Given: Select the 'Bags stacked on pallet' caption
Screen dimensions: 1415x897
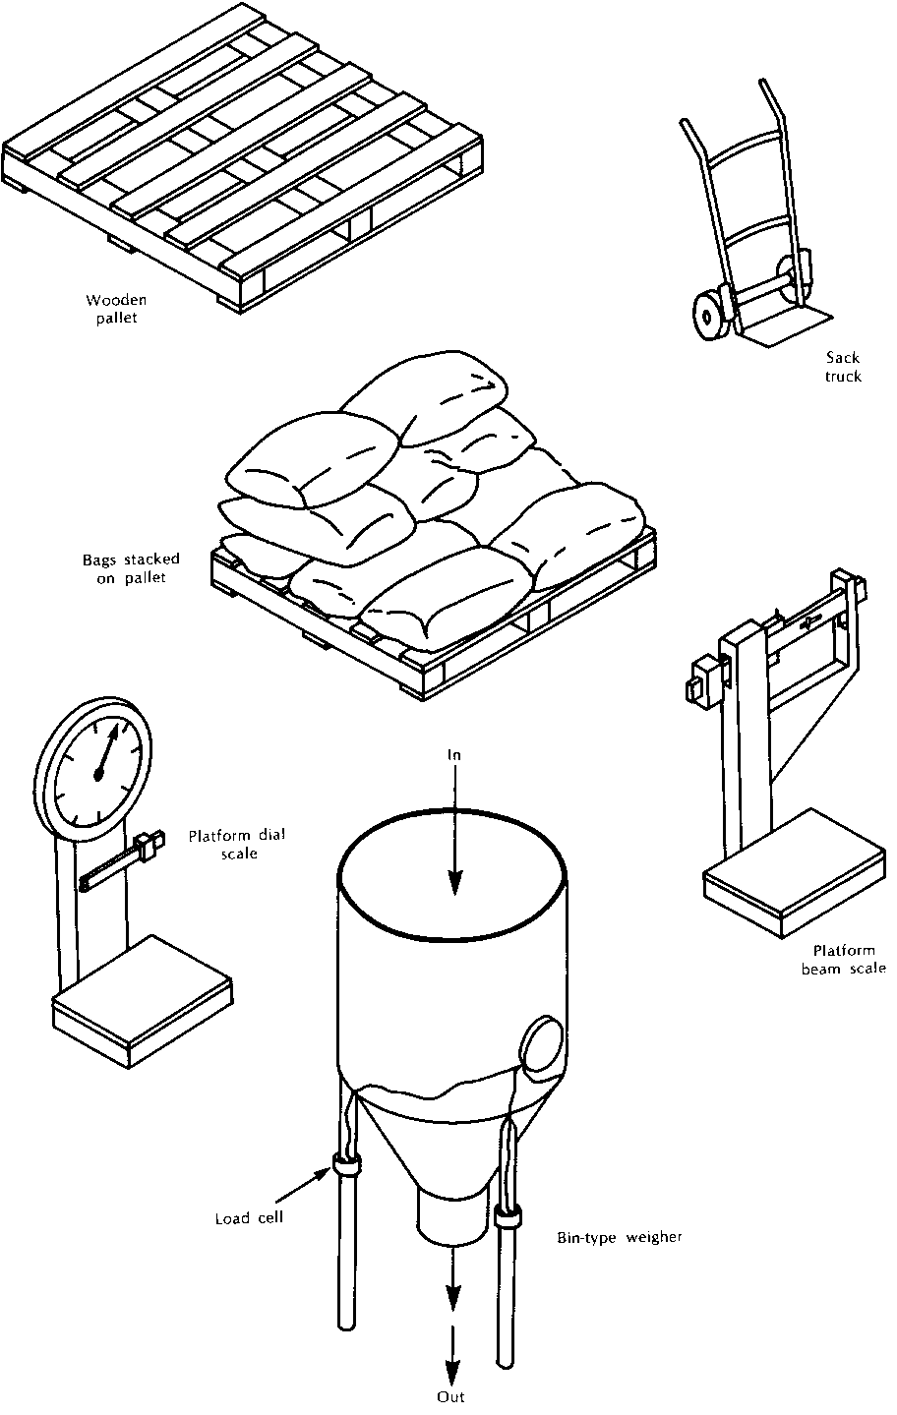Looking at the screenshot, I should tap(124, 568).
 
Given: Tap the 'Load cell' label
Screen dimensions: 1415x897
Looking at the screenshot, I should tap(250, 1217).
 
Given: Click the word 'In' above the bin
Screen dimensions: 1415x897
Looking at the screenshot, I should tap(453, 755).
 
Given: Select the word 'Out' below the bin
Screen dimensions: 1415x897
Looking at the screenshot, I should tap(450, 1396).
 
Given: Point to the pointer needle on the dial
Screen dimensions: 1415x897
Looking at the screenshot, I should tap(109, 752).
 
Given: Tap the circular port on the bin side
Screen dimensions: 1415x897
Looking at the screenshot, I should tap(541, 1044).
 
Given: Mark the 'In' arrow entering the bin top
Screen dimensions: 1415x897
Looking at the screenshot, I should tap(452, 836).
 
